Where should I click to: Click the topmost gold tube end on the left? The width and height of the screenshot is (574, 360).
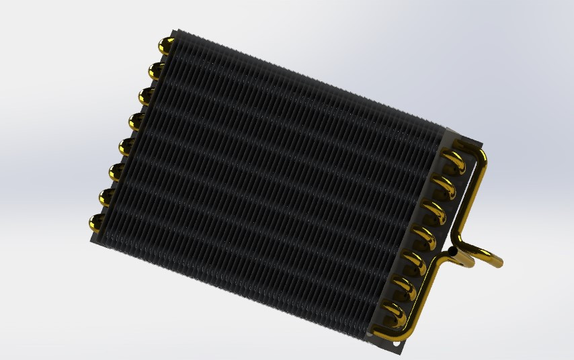[165, 46]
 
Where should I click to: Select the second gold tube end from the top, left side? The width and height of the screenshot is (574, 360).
[156, 70]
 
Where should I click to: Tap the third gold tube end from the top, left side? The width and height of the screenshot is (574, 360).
[147, 95]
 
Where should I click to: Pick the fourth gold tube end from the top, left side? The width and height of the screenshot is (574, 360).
[136, 121]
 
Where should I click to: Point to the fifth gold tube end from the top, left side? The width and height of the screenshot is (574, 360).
[127, 146]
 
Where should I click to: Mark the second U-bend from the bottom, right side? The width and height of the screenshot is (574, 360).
[405, 287]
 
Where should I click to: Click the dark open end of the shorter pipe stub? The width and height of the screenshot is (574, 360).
[454, 252]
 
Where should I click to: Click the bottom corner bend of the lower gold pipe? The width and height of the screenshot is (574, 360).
[382, 334]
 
